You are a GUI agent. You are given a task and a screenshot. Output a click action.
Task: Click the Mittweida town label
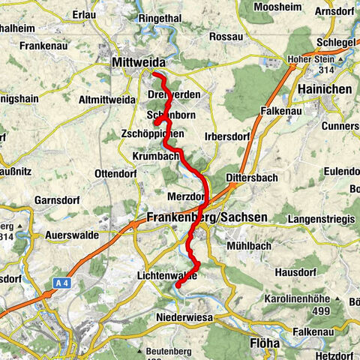coord(138,62)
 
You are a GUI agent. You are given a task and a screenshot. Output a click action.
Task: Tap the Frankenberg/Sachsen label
coord(202,217)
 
